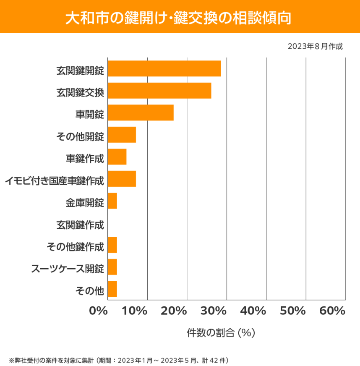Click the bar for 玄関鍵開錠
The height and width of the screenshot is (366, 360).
[164, 69]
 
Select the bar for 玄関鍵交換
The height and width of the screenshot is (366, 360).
[159, 91]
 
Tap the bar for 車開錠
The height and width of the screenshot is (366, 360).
[141, 113]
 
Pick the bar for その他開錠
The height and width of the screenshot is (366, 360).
[122, 135]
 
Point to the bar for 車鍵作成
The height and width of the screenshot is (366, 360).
[117, 157]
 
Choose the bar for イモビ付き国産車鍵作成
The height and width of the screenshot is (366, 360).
[122, 179]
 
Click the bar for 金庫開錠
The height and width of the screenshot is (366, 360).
[112, 201]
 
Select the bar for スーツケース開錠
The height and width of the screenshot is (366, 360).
[112, 267]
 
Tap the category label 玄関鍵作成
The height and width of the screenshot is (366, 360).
[80, 225]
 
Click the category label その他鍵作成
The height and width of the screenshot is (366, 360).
[74, 247]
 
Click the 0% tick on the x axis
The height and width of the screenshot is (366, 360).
[99, 311]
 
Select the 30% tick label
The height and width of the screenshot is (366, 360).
[214, 311]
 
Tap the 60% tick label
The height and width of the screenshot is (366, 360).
[332, 311]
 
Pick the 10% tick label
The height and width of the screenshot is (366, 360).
[134, 311]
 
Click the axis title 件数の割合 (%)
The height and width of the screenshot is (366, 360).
[221, 333]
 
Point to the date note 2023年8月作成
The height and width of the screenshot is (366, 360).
[315, 47]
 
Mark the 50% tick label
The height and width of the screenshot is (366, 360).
[292, 311]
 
